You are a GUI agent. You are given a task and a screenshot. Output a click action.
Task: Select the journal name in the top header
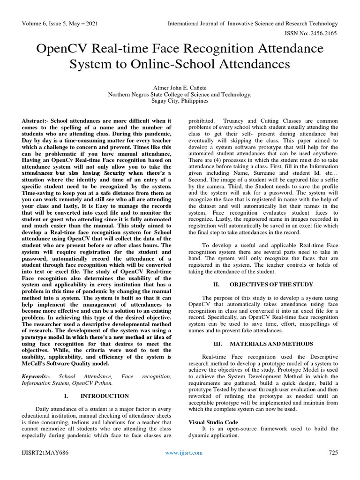(x=253, y=24)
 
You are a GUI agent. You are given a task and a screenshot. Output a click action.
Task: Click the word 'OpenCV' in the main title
(x=69, y=49)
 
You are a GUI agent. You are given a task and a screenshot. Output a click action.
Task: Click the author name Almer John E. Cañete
(x=180, y=87)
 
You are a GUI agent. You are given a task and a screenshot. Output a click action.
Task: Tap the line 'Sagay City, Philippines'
(x=180, y=100)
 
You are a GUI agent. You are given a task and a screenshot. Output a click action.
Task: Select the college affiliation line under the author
(x=180, y=94)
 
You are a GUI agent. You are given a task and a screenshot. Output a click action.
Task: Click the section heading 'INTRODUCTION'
(x=105, y=396)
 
